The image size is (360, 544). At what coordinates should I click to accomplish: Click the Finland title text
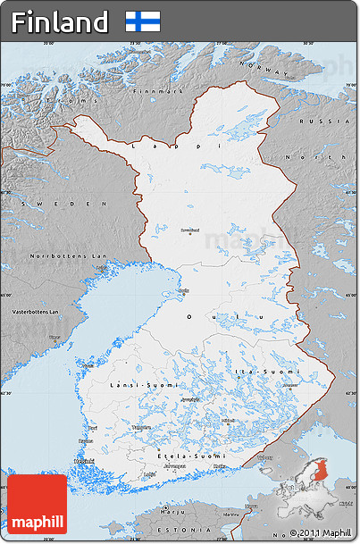click(60, 21)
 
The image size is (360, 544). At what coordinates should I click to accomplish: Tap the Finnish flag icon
click(143, 21)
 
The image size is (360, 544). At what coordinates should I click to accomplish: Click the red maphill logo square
click(38, 504)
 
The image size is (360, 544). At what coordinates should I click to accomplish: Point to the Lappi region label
click(174, 144)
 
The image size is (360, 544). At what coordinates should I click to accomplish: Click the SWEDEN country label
click(38, 204)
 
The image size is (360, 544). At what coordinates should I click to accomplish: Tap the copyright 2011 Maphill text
click(321, 533)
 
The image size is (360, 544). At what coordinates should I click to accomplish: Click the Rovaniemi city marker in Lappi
click(189, 234)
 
